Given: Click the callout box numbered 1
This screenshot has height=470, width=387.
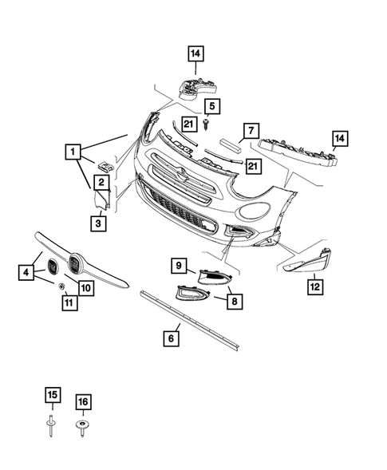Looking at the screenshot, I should click(x=73, y=151).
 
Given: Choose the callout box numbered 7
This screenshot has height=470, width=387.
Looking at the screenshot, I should click(x=250, y=130).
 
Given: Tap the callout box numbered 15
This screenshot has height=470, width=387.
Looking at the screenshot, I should click(x=52, y=396).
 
